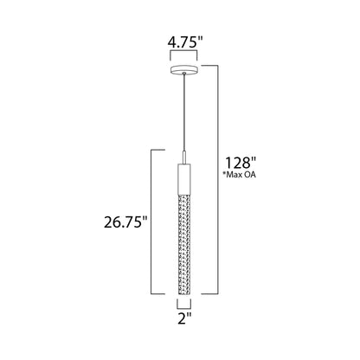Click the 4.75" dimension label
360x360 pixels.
pos(183,42)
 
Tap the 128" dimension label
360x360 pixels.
pos(241,163)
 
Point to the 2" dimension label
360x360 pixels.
pos(184,318)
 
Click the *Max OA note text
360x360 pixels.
pos(239,175)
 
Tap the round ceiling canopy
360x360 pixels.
pos(184,69)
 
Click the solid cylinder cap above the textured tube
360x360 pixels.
pos(184,179)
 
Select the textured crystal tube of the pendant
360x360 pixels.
pos(184,244)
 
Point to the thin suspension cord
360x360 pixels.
pos(184,112)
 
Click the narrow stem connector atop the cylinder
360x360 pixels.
pos(184,157)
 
